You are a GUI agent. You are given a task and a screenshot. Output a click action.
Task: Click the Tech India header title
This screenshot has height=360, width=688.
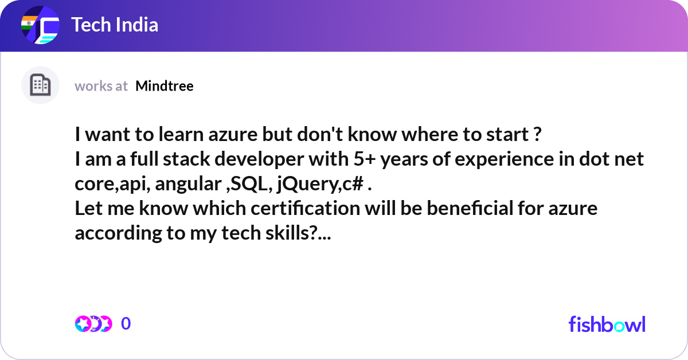[x=115, y=25]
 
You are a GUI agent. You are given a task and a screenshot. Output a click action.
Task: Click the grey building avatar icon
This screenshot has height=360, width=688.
[x=40, y=85]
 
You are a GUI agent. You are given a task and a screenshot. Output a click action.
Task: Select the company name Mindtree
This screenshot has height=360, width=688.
[x=165, y=86]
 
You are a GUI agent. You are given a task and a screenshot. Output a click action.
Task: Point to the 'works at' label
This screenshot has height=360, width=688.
[x=101, y=86]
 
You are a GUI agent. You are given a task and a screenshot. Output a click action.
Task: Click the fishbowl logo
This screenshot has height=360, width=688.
[x=607, y=324]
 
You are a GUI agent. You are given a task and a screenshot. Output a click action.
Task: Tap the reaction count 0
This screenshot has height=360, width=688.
[x=126, y=324]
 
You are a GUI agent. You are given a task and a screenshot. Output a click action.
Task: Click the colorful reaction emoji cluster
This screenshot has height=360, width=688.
[x=93, y=324]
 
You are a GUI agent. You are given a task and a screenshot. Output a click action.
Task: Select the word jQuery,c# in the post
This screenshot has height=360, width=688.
[x=319, y=184]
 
